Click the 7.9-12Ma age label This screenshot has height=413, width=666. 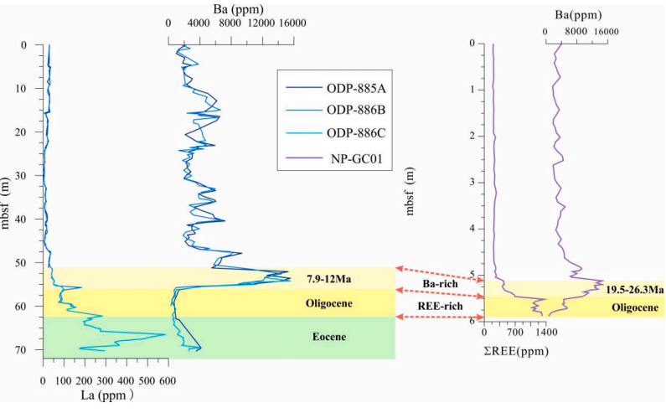pyautogui.click(x=328, y=279)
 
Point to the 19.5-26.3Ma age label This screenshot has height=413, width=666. pyautogui.click(x=634, y=290)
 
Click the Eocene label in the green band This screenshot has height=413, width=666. pyautogui.click(x=329, y=337)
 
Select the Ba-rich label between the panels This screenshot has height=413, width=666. pyautogui.click(x=440, y=283)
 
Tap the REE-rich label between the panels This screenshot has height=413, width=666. pyautogui.click(x=440, y=306)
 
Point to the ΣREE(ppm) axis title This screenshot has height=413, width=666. pyautogui.click(x=516, y=351)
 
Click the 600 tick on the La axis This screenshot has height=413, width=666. pyautogui.click(x=168, y=380)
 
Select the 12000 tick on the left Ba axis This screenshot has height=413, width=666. pyautogui.click(x=261, y=23)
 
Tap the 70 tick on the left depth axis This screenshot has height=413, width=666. pyautogui.click(x=34, y=349)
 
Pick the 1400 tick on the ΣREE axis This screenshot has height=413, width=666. pyautogui.click(x=545, y=332)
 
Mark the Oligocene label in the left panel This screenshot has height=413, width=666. pyautogui.click(x=328, y=304)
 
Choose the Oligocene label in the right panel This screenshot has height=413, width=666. pyautogui.click(x=635, y=307)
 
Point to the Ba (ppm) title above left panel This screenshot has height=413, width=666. pyautogui.click(x=238, y=9)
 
